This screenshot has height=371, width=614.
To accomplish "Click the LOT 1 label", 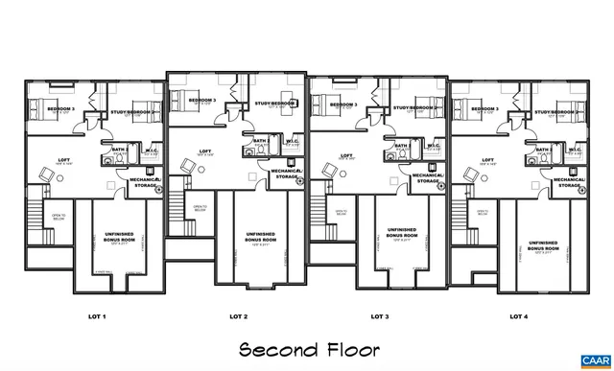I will click(97, 316).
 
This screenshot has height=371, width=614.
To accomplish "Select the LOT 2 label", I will click(239, 316).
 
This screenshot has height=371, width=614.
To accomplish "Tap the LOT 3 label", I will click(379, 316).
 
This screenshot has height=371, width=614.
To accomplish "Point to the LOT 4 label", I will click(519, 316).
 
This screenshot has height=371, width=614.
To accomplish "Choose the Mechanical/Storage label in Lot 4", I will click(568, 180).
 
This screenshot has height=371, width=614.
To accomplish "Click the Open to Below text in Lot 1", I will click(58, 218).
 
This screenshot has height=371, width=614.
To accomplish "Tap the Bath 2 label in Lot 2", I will click(260, 141).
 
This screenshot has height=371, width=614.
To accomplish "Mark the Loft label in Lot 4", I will click(487, 160).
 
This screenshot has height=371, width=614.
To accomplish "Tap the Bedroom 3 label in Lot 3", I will click(342, 104).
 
